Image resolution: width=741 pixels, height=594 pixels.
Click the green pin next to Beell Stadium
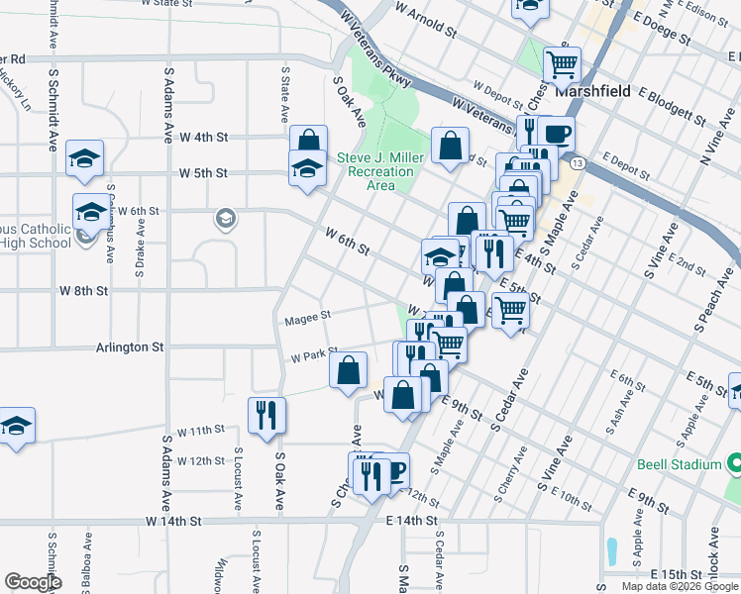tap(733, 463)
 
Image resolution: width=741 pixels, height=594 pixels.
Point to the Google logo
tap(33, 582)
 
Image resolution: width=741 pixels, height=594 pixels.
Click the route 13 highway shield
tap(578, 161)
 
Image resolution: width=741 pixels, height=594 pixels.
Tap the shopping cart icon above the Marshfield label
tap(562, 65)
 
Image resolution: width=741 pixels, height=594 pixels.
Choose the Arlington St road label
tap(130, 347)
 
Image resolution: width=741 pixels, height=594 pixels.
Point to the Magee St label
tap(306, 318)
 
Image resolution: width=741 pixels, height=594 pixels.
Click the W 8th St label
tap(82, 291)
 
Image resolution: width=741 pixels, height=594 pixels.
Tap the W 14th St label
tap(173, 520)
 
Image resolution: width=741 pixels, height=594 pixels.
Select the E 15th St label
tap(676, 574)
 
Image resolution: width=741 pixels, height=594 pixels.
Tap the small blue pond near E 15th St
tap(611, 549)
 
